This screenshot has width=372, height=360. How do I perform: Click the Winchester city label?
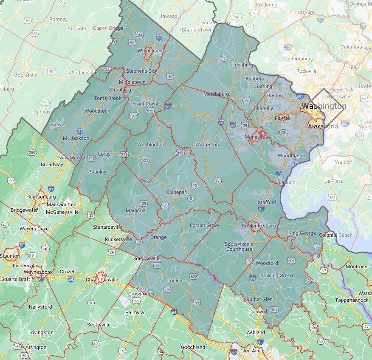point(150,51)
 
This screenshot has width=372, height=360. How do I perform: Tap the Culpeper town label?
point(176,192)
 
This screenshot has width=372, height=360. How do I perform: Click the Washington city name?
point(324,106)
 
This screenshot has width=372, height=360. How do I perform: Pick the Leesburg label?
point(243,65)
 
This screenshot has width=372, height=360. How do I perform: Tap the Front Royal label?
point(145,104)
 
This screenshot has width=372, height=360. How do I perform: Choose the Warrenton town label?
point(207,145)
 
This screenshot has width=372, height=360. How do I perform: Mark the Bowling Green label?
point(276,275)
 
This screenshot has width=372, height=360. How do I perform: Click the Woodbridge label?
point(291,156)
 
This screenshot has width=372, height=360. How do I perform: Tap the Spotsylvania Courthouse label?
point(239,247)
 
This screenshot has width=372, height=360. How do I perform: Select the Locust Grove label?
point(205,225)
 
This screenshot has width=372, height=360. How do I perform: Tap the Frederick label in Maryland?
point(266,5)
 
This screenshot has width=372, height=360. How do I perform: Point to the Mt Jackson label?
point(76,138)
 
